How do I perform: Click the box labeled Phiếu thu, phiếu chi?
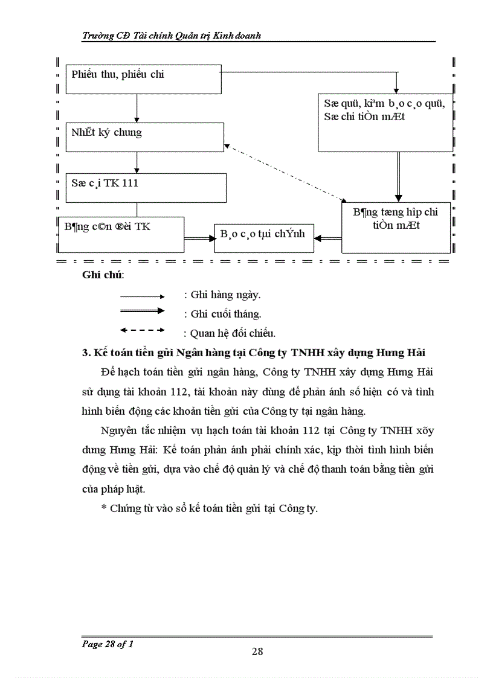pyautogui.click(x=143, y=79)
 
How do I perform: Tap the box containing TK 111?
pyautogui.click(x=146, y=187)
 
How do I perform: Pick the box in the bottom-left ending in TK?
pyautogui.click(x=121, y=234)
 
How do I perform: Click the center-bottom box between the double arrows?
pyautogui.click(x=264, y=238)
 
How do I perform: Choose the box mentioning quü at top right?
pyautogui.click(x=384, y=122)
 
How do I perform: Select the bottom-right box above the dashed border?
pyautogui.click(x=396, y=227)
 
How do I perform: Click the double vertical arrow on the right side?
pyautogui.click(x=398, y=176)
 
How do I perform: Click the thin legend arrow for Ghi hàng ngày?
pyautogui.click(x=143, y=296)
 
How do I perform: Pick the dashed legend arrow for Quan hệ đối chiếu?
pyautogui.click(x=143, y=330)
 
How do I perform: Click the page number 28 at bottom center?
pyautogui.click(x=257, y=651)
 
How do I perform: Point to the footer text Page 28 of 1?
pyautogui.click(x=108, y=644)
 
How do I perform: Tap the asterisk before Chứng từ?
pyautogui.click(x=103, y=508)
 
